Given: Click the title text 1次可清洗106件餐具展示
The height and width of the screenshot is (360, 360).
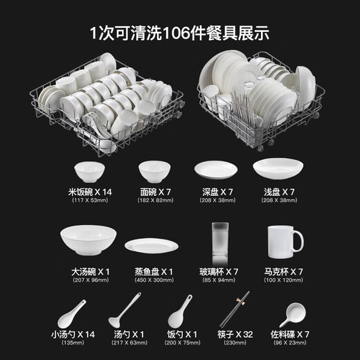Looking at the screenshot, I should tap(179, 32).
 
